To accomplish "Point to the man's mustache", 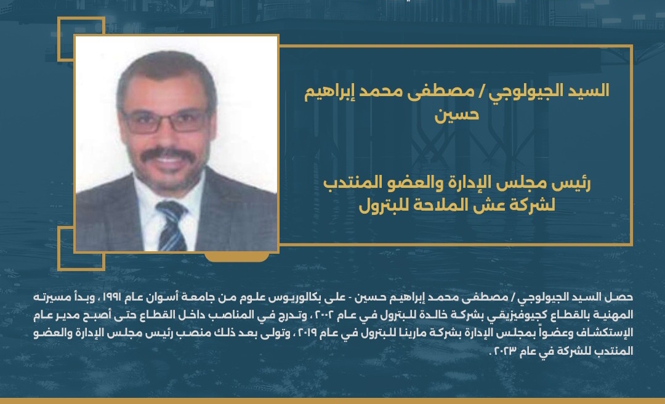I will click(x=166, y=153).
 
